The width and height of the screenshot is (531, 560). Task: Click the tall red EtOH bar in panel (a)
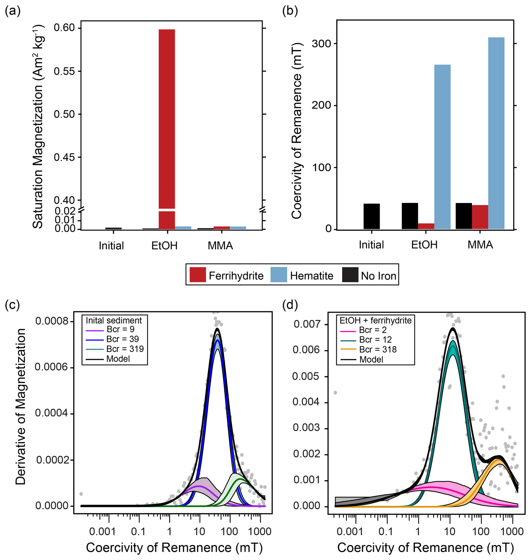point(167,119)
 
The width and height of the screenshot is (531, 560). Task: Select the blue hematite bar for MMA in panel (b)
point(496,133)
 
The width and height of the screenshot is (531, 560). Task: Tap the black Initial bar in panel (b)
point(372,216)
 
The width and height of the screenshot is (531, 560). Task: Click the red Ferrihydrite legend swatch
point(198,275)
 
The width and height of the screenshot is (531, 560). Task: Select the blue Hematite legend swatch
point(279,275)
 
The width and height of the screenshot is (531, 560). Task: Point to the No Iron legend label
point(378,276)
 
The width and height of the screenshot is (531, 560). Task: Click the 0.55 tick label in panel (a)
point(65,71)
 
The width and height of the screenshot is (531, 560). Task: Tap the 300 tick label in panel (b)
point(321,44)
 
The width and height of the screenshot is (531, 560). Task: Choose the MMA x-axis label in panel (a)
point(220,246)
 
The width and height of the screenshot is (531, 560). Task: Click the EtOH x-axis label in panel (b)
point(424,245)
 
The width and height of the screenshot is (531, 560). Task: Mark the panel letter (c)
point(12,305)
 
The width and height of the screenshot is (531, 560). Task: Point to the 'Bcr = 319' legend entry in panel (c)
point(125,349)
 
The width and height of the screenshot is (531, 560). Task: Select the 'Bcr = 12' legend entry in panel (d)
point(375,340)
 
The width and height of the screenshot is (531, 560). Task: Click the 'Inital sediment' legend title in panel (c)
point(114,321)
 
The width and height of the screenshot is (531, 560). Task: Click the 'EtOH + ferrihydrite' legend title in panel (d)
point(375,321)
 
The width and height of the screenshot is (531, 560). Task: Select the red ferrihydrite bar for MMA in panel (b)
point(480,217)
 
